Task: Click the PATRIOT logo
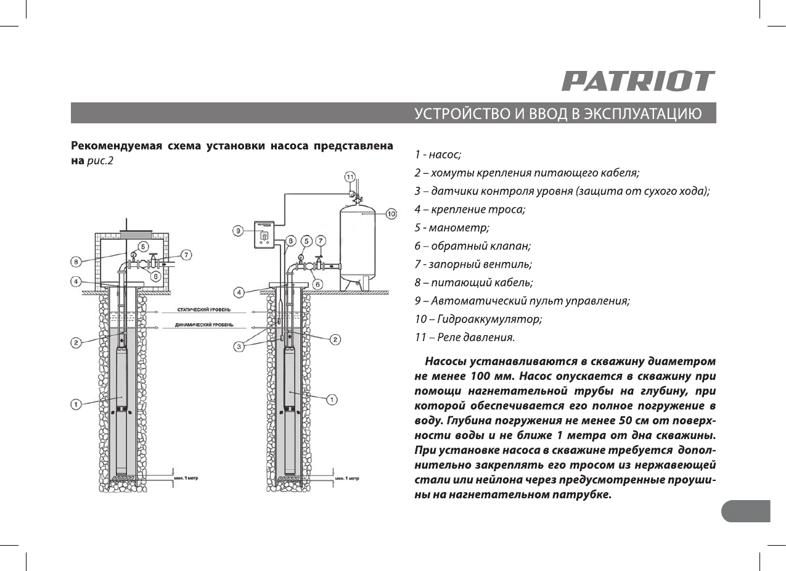[638, 81]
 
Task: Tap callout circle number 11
[350, 178]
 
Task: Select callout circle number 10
[391, 214]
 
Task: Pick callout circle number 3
[239, 347]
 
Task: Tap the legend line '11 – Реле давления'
[464, 337]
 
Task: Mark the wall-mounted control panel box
[263, 235]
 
